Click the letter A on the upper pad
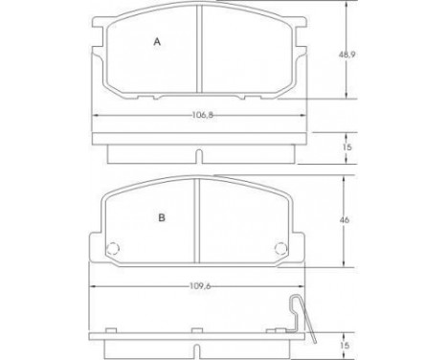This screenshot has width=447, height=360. pyautogui.click(x=158, y=41)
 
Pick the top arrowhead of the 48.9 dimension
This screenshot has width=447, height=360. pyautogui.click(x=346, y=8)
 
